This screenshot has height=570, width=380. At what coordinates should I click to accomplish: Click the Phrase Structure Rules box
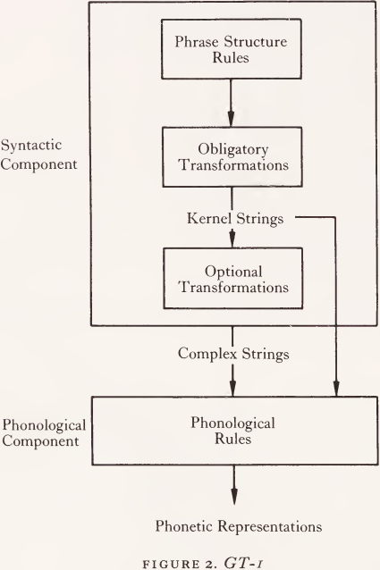pos(232,49)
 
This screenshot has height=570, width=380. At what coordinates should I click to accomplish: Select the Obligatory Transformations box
pos(232,157)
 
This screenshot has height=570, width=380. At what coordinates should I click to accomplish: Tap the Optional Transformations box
pos(232,279)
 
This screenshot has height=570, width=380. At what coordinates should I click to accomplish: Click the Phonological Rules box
pos(234,431)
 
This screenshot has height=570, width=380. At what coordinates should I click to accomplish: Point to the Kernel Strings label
pos(235,219)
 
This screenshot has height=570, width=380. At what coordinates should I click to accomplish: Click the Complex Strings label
pos(233,354)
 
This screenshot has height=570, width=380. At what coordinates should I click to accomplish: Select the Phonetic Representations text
pos(239,526)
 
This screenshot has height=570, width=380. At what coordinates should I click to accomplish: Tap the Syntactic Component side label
pos(38,155)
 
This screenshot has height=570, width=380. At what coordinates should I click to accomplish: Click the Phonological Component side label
pos(44,432)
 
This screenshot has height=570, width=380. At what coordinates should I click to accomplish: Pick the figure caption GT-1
pos(207,562)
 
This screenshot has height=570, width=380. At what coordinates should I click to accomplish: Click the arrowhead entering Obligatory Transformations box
pos(231,119)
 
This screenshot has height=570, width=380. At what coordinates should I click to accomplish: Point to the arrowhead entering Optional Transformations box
pos(232,240)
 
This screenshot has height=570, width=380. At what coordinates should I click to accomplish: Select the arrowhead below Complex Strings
pos(232,389)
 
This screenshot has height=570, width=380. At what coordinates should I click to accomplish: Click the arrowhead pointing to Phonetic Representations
pos(234,496)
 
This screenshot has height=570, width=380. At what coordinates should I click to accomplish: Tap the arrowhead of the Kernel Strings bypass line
pos(336,389)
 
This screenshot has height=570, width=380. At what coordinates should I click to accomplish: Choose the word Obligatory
pos(233,150)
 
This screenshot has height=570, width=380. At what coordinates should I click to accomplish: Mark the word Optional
pos(233,272)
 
